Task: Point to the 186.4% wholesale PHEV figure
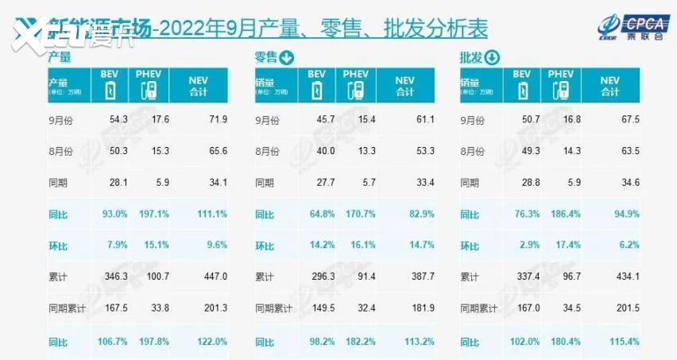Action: click(x=561, y=215)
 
